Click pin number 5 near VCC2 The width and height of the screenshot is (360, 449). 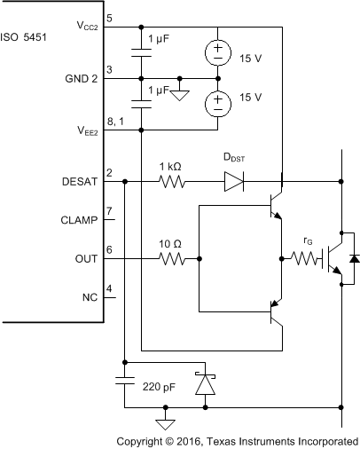[109, 17]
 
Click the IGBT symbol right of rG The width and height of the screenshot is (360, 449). [335, 259]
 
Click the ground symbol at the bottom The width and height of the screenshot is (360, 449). [163, 422]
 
